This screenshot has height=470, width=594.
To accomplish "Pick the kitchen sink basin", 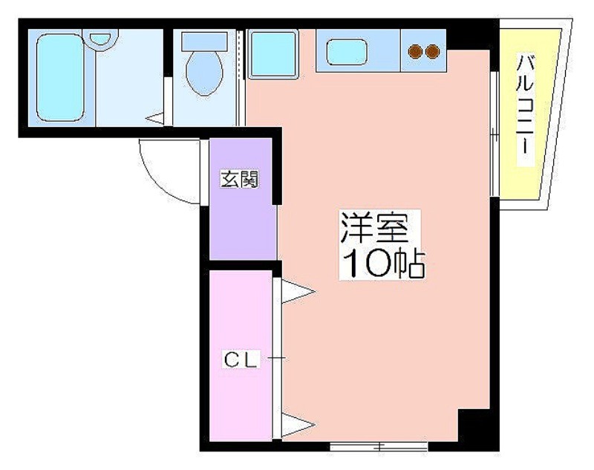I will (347, 51).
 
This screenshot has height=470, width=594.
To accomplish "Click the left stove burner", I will (417, 51).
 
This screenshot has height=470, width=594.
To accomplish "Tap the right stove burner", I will (432, 51).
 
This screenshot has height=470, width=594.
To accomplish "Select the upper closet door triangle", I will (297, 292).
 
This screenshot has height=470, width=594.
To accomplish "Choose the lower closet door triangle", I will (297, 426).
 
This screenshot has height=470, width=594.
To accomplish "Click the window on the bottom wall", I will (379, 446).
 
